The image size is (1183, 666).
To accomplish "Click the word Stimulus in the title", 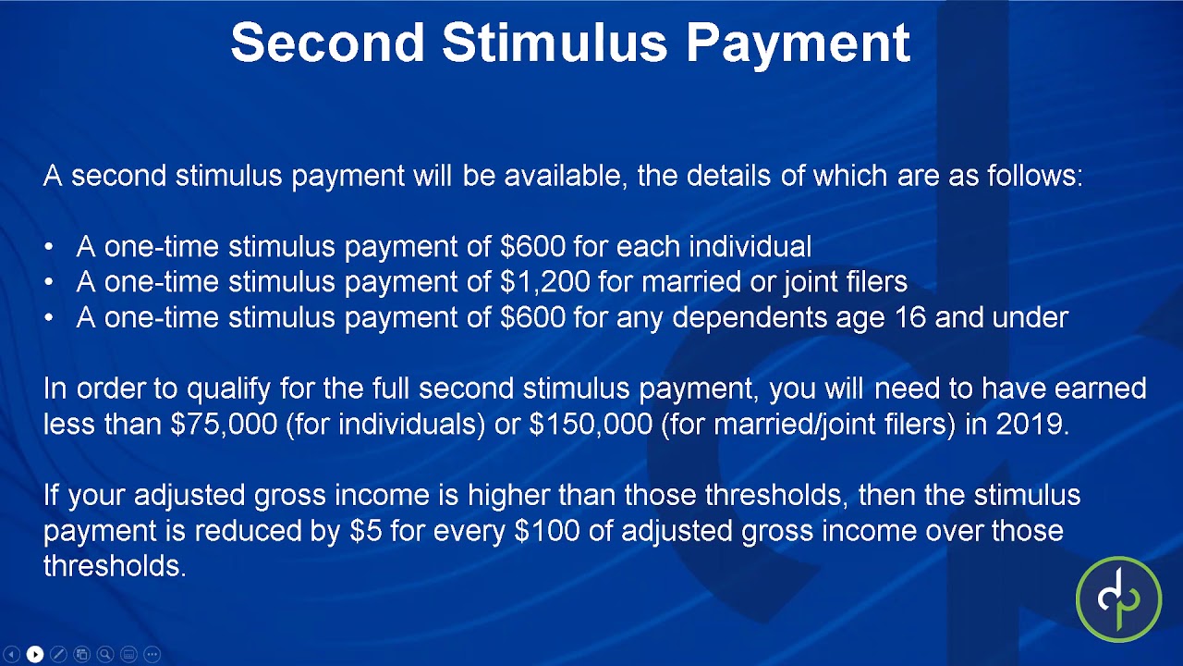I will coord(554,43).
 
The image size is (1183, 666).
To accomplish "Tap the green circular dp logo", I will coord(1118,599).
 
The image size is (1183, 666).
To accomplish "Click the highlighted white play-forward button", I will coord(35,655).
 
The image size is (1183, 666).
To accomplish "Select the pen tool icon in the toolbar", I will coord(58,655).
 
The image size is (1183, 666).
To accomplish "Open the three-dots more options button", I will coord(152,655).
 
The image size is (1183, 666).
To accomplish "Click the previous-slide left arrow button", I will coord(12,655).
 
